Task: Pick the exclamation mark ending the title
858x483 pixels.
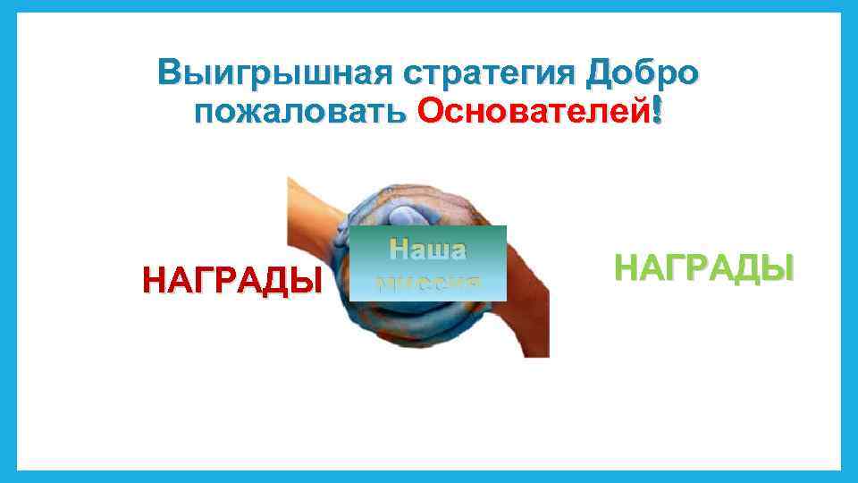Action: pyautogui.click(x=659, y=112)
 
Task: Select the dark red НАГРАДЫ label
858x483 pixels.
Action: pyautogui.click(x=232, y=281)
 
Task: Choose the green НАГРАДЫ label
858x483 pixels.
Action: pyautogui.click(x=703, y=267)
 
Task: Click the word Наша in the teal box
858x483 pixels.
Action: pyautogui.click(x=427, y=250)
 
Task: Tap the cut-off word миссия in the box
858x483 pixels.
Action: pyautogui.click(x=427, y=284)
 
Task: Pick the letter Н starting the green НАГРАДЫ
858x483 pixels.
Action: pyautogui.click(x=627, y=267)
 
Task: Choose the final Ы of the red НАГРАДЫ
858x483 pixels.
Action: pyautogui.click(x=308, y=281)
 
